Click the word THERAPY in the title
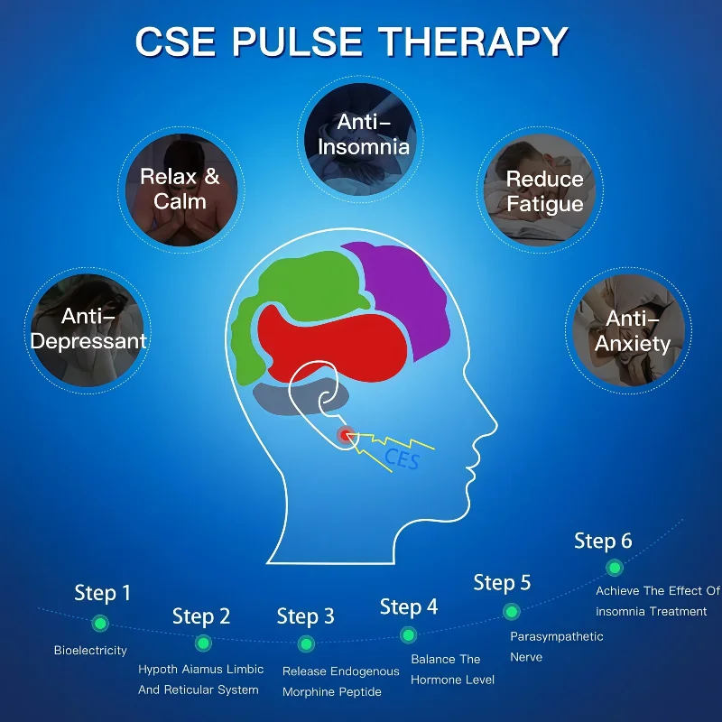[472, 42]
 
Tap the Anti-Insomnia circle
[361, 134]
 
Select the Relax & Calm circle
[180, 188]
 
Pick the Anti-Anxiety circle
[632, 330]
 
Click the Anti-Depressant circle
[88, 329]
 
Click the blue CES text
[403, 458]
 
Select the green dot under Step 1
[100, 623]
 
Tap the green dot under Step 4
[409, 635]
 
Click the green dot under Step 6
[615, 568]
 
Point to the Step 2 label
[201, 616]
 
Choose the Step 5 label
[502, 583]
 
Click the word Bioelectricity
[90, 650]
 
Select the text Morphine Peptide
[331, 692]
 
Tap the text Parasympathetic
[556, 636]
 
